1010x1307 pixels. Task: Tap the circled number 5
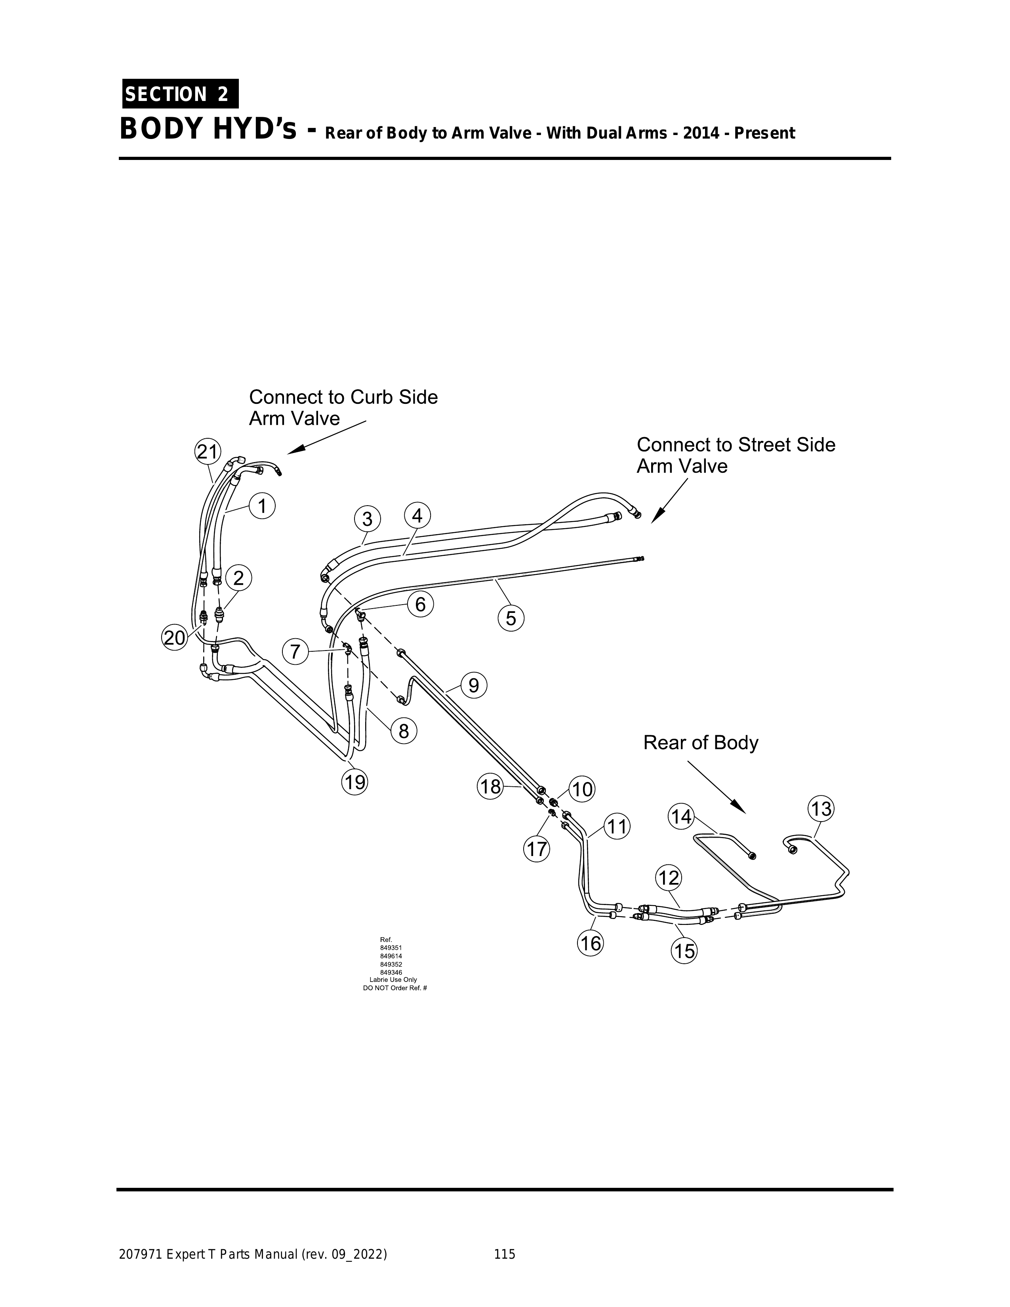pyautogui.click(x=511, y=618)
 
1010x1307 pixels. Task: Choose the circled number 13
pyautogui.click(x=821, y=809)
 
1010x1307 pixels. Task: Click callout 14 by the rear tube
pyautogui.click(x=681, y=817)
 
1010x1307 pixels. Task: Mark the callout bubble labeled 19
pyautogui.click(x=354, y=782)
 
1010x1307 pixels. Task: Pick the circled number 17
pyautogui.click(x=536, y=849)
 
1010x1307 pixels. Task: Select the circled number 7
pyautogui.click(x=295, y=651)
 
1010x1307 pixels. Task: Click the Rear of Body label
pyautogui.click(x=701, y=743)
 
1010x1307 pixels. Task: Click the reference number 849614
pyautogui.click(x=391, y=956)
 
